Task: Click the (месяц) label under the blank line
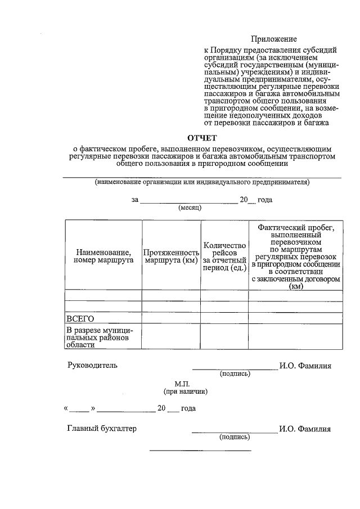coord(190,208)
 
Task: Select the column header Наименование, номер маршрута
coord(103,256)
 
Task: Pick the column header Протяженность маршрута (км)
coord(171,256)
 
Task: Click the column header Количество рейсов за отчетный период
coord(224,256)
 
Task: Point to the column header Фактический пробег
coord(295,256)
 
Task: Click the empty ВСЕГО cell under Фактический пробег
coord(295,319)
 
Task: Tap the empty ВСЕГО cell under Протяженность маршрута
coord(171,319)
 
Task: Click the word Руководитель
coord(92,366)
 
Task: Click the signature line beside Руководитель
coord(235,369)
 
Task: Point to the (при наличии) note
coord(185,391)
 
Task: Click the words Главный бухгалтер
coord(102,429)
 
